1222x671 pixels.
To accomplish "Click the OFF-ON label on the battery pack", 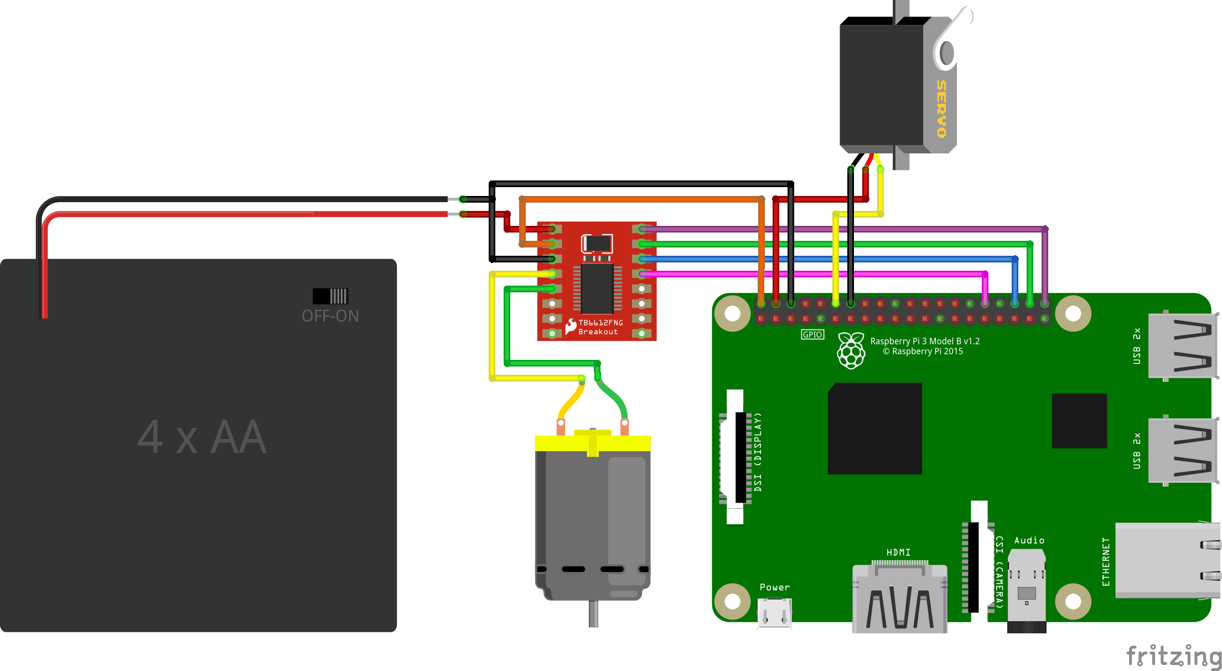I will click(x=330, y=316).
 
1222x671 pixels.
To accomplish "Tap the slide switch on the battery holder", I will click(x=330, y=296).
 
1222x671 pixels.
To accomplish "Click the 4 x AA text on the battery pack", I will click(x=202, y=437).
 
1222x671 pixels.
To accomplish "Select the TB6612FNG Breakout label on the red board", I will click(x=600, y=327).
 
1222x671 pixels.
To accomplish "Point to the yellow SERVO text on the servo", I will click(x=941, y=109).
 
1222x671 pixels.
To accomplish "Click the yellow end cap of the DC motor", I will click(x=592, y=443).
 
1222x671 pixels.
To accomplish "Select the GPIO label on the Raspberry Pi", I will click(x=812, y=334).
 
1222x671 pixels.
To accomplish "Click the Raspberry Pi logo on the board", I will click(x=851, y=350).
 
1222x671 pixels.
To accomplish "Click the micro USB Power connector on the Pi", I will click(x=774, y=613).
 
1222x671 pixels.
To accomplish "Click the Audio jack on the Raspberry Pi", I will click(x=1027, y=590).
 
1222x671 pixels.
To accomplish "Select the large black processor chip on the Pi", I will click(x=874, y=429).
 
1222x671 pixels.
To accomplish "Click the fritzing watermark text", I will click(x=1173, y=656).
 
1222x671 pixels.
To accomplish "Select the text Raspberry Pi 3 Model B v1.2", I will click(x=925, y=341).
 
